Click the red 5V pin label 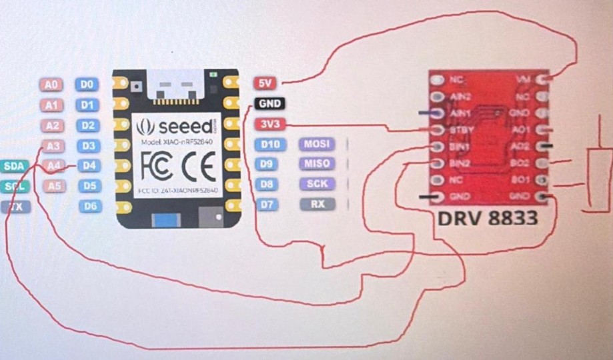265,83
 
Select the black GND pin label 269,103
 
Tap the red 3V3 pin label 267,124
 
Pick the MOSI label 317,144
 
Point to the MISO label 317,164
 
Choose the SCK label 317,184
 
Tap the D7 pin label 267,205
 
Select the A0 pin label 51,85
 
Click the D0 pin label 87,85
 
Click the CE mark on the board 198,167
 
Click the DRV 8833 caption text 488,218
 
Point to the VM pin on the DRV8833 525,80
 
